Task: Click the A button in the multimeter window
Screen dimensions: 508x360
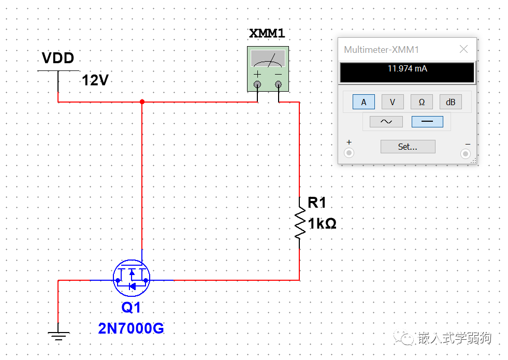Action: coord(364,102)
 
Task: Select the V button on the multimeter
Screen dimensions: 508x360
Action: coord(393,102)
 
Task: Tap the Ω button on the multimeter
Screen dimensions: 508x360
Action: coord(422,102)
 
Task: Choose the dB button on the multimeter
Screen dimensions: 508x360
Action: coord(451,102)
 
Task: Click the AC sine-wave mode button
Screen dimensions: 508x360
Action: coord(386,122)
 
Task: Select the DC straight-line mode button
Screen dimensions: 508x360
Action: coord(427,122)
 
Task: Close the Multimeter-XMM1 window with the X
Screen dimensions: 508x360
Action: coord(463,49)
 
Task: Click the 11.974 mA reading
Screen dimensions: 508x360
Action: coord(407,69)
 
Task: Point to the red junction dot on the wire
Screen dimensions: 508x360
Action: coord(142,102)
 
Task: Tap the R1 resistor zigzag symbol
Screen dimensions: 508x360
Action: coord(300,223)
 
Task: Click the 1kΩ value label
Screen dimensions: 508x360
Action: coord(322,224)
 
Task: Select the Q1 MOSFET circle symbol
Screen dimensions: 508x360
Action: coord(132,278)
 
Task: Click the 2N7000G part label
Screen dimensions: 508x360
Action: coord(131,328)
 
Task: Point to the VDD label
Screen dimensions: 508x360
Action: coord(58,58)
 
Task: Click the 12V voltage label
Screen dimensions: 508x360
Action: coord(95,80)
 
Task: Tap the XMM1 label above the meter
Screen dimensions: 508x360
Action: coord(267,33)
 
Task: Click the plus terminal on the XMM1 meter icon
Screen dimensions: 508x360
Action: coord(257,84)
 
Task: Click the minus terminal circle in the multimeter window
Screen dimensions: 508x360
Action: coord(466,154)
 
